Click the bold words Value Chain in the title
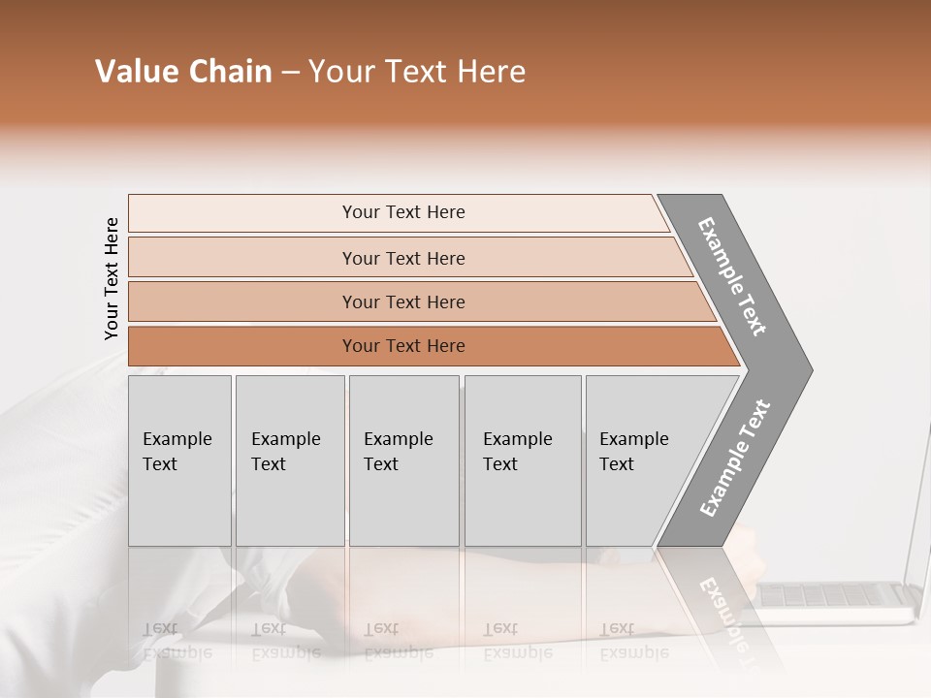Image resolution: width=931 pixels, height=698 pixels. pos(183,72)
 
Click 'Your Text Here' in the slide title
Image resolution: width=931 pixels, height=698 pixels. pos(417,72)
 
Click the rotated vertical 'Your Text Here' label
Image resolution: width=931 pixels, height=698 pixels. pos(112,279)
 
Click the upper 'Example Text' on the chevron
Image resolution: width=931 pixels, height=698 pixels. pos(732,276)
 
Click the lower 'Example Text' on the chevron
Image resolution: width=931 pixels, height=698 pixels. pos(735,458)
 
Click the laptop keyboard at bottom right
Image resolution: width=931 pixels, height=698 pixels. pos(834,594)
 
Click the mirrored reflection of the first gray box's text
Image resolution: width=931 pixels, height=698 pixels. pos(177,641)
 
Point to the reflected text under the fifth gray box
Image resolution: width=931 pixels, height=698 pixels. pos(633,641)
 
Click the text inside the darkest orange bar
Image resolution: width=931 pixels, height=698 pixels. pos(403,346)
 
